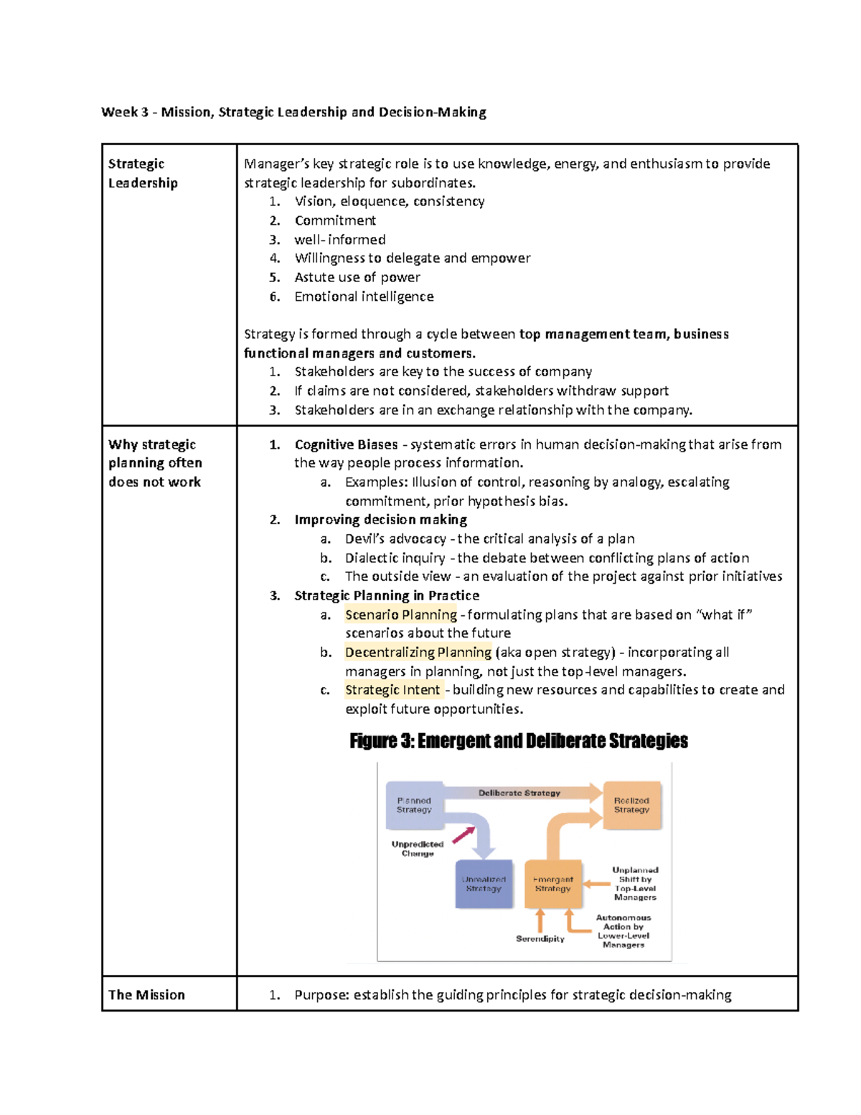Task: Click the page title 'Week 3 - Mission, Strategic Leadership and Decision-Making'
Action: click(x=293, y=112)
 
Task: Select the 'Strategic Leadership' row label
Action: click(x=143, y=173)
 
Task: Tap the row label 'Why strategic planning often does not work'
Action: click(x=155, y=463)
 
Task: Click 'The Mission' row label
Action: click(x=146, y=994)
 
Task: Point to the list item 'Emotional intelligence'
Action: click(x=364, y=297)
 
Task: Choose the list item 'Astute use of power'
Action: click(x=357, y=277)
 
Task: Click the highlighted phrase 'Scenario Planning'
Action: click(x=400, y=615)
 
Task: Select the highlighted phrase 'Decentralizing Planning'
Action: click(x=418, y=652)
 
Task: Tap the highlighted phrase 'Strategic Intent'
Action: click(x=392, y=690)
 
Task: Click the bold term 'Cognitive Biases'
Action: click(x=346, y=444)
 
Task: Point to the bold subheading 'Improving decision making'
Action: click(x=380, y=520)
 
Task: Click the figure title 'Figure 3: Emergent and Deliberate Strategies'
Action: click(x=518, y=741)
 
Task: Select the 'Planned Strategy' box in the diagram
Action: click(x=414, y=805)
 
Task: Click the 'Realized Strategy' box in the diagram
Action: click(x=631, y=805)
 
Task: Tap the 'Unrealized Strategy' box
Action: click(x=484, y=884)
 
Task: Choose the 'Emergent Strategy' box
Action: click(x=552, y=884)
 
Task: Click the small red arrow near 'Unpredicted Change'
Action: click(x=464, y=835)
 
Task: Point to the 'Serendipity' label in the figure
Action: click(x=540, y=939)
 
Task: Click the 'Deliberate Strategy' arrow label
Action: click(x=519, y=793)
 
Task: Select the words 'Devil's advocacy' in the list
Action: click(x=395, y=538)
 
